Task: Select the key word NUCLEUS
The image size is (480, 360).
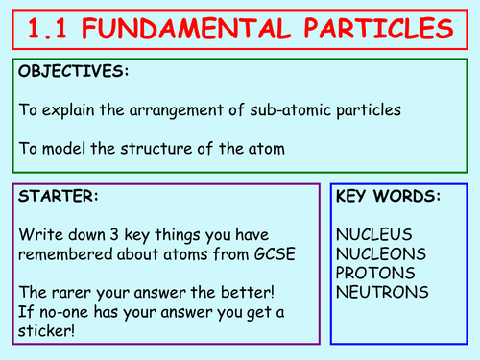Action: pyautogui.click(x=374, y=234)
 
